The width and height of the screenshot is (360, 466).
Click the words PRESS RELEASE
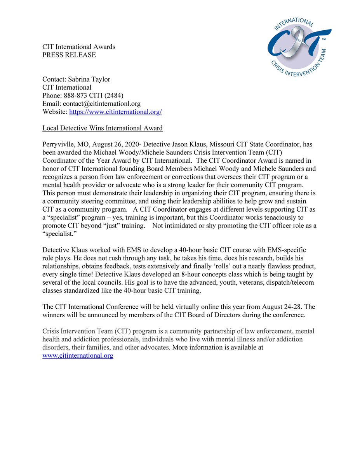coord(69,55)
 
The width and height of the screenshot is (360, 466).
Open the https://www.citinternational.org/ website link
coord(115,112)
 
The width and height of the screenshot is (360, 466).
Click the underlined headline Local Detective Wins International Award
coord(103,128)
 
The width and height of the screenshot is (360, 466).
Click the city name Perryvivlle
coord(59,144)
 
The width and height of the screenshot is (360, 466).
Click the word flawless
coord(271,266)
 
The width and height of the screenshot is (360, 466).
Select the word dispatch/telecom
coord(289,282)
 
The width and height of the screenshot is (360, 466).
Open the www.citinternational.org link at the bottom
coord(78,355)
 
